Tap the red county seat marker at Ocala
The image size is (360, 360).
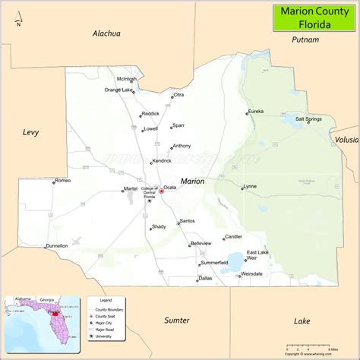[161, 191]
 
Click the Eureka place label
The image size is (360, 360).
[255, 112]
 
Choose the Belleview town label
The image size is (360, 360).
[201, 243]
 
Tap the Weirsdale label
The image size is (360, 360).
[251, 273]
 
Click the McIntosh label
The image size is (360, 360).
[127, 79]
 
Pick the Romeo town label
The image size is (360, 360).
[62, 181]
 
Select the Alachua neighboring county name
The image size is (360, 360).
[107, 33]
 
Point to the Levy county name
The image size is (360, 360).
[30, 132]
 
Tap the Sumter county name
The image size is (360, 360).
[177, 320]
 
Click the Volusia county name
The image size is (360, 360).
[346, 140]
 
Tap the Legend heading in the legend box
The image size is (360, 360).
[106, 302]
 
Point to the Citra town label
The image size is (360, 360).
[178, 95]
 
